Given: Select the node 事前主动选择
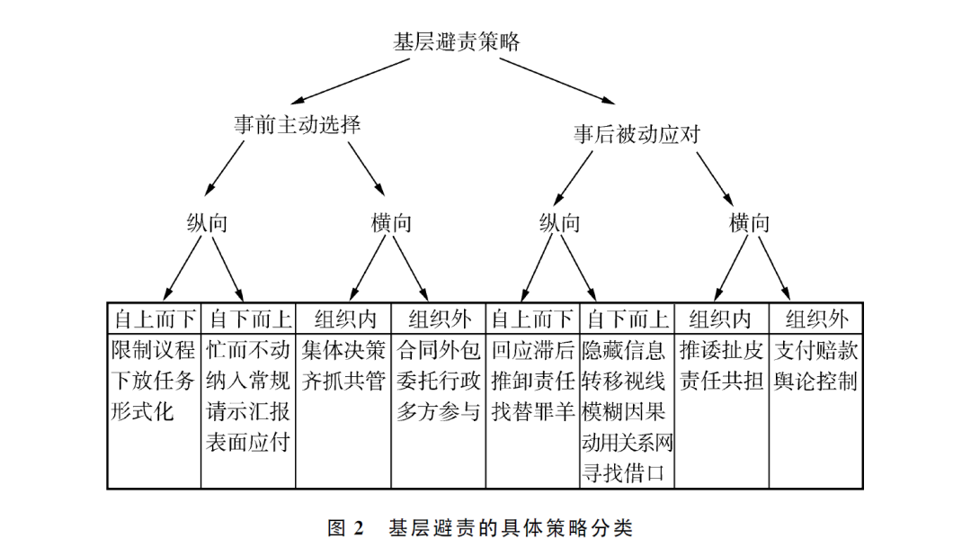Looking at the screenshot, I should [298, 125].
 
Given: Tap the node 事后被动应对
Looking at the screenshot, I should [637, 134].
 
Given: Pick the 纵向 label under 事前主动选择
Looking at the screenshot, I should [208, 223].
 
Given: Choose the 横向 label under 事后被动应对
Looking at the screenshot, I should [750, 223].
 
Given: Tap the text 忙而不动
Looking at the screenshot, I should [249, 350].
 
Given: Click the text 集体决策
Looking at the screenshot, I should [344, 350].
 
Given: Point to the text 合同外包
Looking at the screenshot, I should [440, 350].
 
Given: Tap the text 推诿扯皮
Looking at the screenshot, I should [722, 350].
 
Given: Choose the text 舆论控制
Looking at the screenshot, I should [816, 381].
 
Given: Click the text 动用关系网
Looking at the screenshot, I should [628, 442].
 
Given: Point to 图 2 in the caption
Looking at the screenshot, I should [344, 528].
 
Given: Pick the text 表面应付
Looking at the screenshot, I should [249, 442].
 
